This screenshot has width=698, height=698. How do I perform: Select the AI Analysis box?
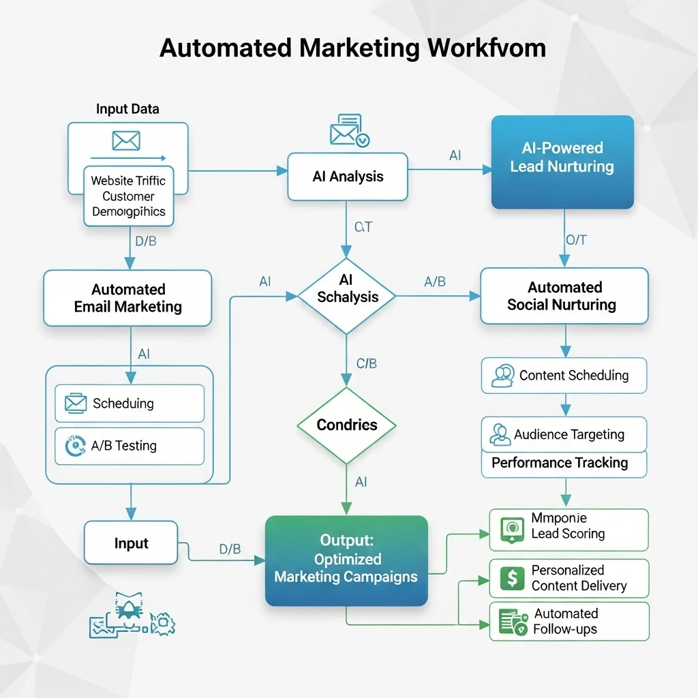click(x=348, y=177)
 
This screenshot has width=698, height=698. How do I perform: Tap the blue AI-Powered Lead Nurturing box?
click(x=562, y=162)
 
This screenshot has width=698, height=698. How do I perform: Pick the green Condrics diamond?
click(x=346, y=425)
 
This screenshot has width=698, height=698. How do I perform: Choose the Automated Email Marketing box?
click(x=127, y=298)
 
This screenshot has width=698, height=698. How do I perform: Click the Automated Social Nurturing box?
click(x=564, y=296)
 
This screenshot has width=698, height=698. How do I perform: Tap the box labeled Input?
click(x=131, y=543)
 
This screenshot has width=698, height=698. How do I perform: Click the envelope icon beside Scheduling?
click(x=75, y=404)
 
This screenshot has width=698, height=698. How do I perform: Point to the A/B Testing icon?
click(x=74, y=446)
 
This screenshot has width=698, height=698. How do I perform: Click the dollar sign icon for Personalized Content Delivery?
click(x=512, y=578)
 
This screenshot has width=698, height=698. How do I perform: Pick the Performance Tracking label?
click(x=560, y=463)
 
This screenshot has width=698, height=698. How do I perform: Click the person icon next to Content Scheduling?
click(x=502, y=376)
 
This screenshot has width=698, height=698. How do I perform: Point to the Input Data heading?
click(x=127, y=109)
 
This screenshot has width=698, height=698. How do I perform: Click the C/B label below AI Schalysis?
click(x=366, y=363)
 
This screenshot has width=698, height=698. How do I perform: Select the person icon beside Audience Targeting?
click(x=500, y=434)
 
